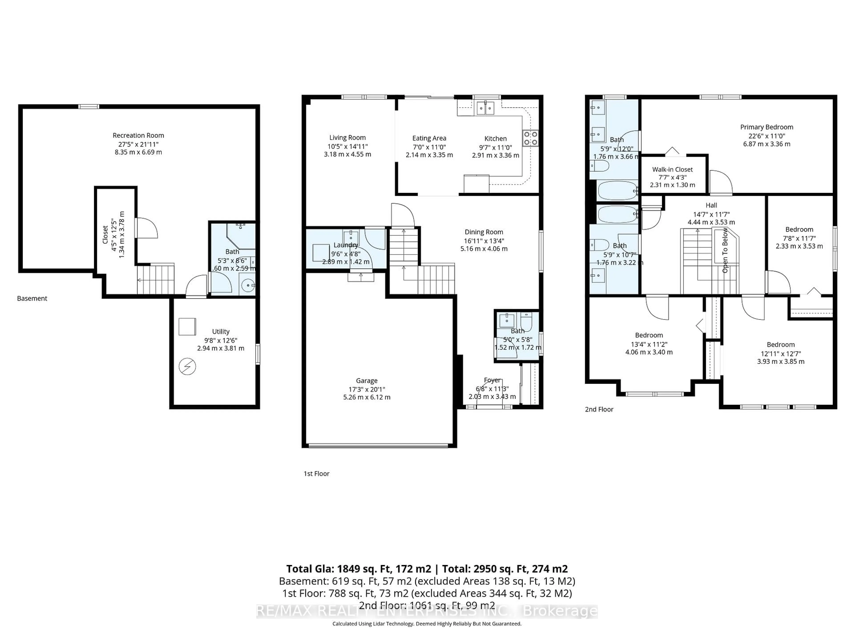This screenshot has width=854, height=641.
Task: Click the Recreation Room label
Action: click(x=138, y=135)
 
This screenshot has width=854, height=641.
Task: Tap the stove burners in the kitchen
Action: click(x=530, y=138)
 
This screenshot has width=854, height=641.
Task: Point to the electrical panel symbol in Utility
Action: click(x=187, y=366)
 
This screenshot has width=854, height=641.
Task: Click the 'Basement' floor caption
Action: click(x=32, y=298)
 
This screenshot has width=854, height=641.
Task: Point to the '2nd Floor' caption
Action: click(x=599, y=409)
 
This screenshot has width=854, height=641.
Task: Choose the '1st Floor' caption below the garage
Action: click(x=316, y=473)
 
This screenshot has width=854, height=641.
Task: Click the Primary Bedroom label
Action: click(x=766, y=127)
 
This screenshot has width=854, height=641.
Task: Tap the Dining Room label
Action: click(x=484, y=232)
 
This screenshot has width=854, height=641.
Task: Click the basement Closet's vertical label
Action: click(x=105, y=235)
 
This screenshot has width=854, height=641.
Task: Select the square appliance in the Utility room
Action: click(x=187, y=327)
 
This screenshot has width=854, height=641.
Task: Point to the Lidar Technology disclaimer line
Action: click(x=427, y=624)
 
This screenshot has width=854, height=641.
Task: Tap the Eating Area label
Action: click(x=429, y=138)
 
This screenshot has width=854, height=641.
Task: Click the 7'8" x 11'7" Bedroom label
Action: click(x=799, y=229)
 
